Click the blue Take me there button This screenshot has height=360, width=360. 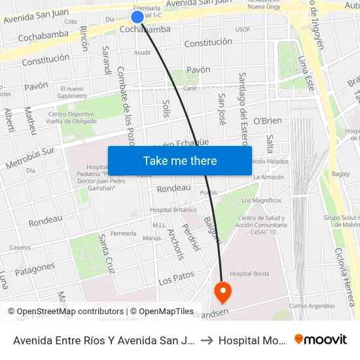180,160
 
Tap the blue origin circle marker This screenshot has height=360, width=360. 137,17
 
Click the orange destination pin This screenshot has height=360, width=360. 223,291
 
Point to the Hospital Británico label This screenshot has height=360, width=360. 173,210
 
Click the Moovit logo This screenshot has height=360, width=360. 321,339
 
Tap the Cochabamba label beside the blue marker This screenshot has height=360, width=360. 146,29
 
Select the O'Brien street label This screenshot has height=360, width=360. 267,121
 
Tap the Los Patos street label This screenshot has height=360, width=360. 177,277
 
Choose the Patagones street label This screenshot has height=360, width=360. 35,268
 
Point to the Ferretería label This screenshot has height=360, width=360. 124,233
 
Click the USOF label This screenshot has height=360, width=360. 242,29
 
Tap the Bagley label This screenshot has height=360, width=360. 340,174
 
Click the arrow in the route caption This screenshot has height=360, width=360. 207,340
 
